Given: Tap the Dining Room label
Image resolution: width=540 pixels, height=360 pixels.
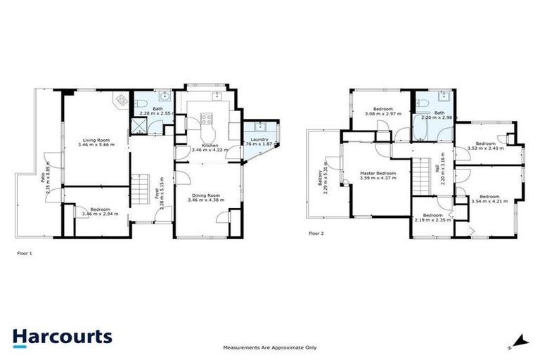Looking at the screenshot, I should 205,195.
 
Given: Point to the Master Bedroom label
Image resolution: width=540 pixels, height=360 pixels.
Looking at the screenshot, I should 378,173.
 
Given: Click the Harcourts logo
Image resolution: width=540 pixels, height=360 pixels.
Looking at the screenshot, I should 62,336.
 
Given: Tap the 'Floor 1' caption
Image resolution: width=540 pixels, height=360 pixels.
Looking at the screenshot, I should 24,252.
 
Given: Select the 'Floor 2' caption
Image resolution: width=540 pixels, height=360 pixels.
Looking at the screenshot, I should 317,233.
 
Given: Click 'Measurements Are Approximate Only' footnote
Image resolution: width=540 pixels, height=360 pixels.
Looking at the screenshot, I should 270,347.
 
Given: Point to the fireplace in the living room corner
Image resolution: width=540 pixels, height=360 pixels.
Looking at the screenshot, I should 121,101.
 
